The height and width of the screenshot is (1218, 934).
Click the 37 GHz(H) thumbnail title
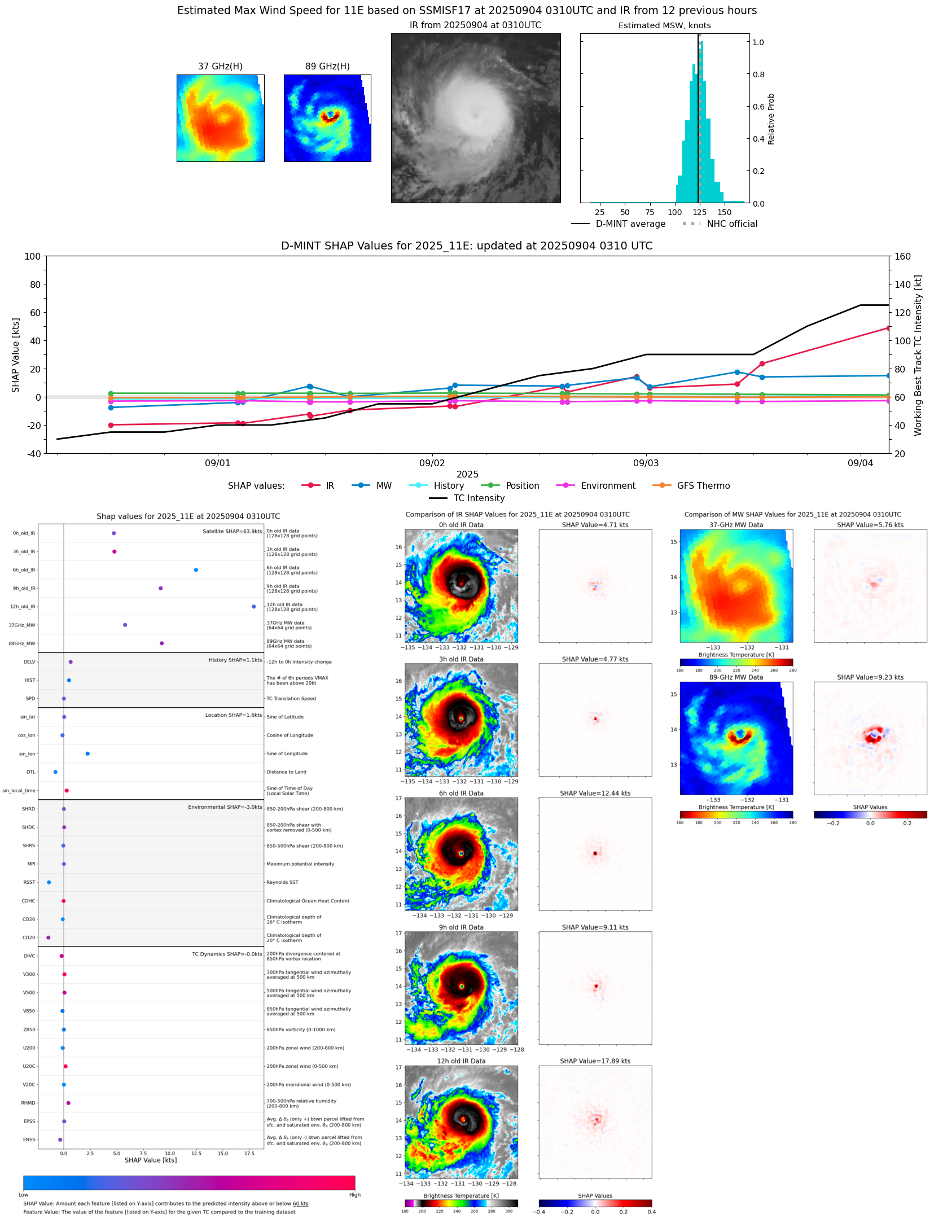[x=220, y=67]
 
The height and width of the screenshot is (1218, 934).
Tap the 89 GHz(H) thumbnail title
[x=327, y=67]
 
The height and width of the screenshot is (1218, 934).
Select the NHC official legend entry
[x=732, y=224]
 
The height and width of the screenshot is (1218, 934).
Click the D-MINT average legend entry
[x=630, y=224]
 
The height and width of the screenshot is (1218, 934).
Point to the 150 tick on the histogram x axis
[x=724, y=213]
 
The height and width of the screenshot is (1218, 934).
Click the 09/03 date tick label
[x=646, y=463]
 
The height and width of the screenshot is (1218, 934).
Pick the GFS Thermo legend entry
[x=703, y=486]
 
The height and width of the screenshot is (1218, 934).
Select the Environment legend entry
[x=608, y=486]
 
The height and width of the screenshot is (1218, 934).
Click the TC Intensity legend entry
[x=479, y=498]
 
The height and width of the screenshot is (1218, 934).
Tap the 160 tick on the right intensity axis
[x=902, y=256]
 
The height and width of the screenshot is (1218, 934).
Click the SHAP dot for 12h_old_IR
[x=254, y=607]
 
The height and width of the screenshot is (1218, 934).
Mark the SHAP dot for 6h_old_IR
[x=196, y=570]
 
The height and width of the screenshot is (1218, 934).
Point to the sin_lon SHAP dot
[x=87, y=753]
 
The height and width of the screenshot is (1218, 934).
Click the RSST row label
[x=29, y=882]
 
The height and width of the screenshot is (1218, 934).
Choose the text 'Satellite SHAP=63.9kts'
[x=232, y=532]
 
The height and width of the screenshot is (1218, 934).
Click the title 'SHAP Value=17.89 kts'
[x=595, y=1061]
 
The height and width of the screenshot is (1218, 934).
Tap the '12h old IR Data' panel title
[x=461, y=1061]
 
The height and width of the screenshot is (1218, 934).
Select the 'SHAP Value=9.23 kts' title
[x=870, y=677]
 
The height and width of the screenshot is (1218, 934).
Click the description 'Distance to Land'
[x=286, y=772]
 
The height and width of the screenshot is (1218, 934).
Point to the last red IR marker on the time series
[x=888, y=328]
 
